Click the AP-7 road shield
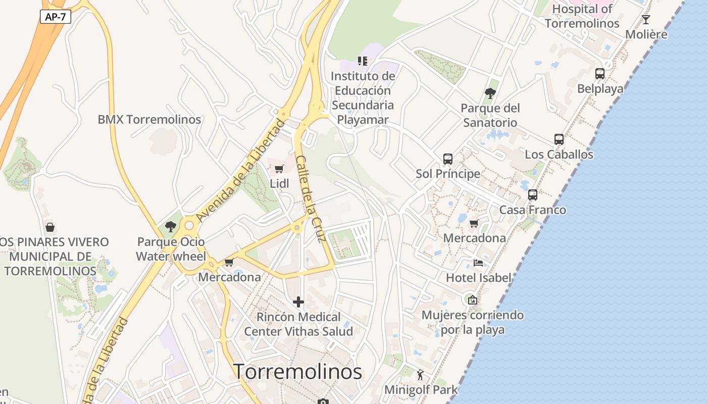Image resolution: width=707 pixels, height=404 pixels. [x=56, y=17]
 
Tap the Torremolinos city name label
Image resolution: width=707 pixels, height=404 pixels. [x=297, y=372]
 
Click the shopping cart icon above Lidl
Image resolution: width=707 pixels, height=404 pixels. [x=279, y=169]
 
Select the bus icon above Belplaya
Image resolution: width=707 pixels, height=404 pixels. [x=600, y=74]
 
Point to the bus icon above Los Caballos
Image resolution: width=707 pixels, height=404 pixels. [x=559, y=139]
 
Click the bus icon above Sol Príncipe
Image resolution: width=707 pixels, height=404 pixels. [x=448, y=159]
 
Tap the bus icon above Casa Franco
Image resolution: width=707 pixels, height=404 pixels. [x=533, y=195]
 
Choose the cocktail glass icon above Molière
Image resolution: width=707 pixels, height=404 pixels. [x=646, y=20]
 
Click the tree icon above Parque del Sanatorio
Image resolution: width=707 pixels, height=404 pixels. [x=490, y=93]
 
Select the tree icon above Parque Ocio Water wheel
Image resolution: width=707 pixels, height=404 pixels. [x=171, y=227]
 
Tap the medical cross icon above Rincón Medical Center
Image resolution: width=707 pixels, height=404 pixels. [x=298, y=302]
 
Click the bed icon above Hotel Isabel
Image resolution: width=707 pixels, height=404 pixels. [x=478, y=263]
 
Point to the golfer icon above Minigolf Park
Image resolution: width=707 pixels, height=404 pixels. [x=421, y=375]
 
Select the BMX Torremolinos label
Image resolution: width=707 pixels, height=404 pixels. [x=149, y=120]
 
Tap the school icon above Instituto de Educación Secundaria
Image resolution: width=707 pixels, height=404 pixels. [x=363, y=61]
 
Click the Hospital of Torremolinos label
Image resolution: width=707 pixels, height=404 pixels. [x=582, y=16]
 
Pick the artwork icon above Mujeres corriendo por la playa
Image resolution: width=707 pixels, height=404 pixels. [x=472, y=300]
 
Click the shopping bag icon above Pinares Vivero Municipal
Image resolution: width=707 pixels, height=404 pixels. [x=50, y=227]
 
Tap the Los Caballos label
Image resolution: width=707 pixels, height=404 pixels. [x=559, y=155]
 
